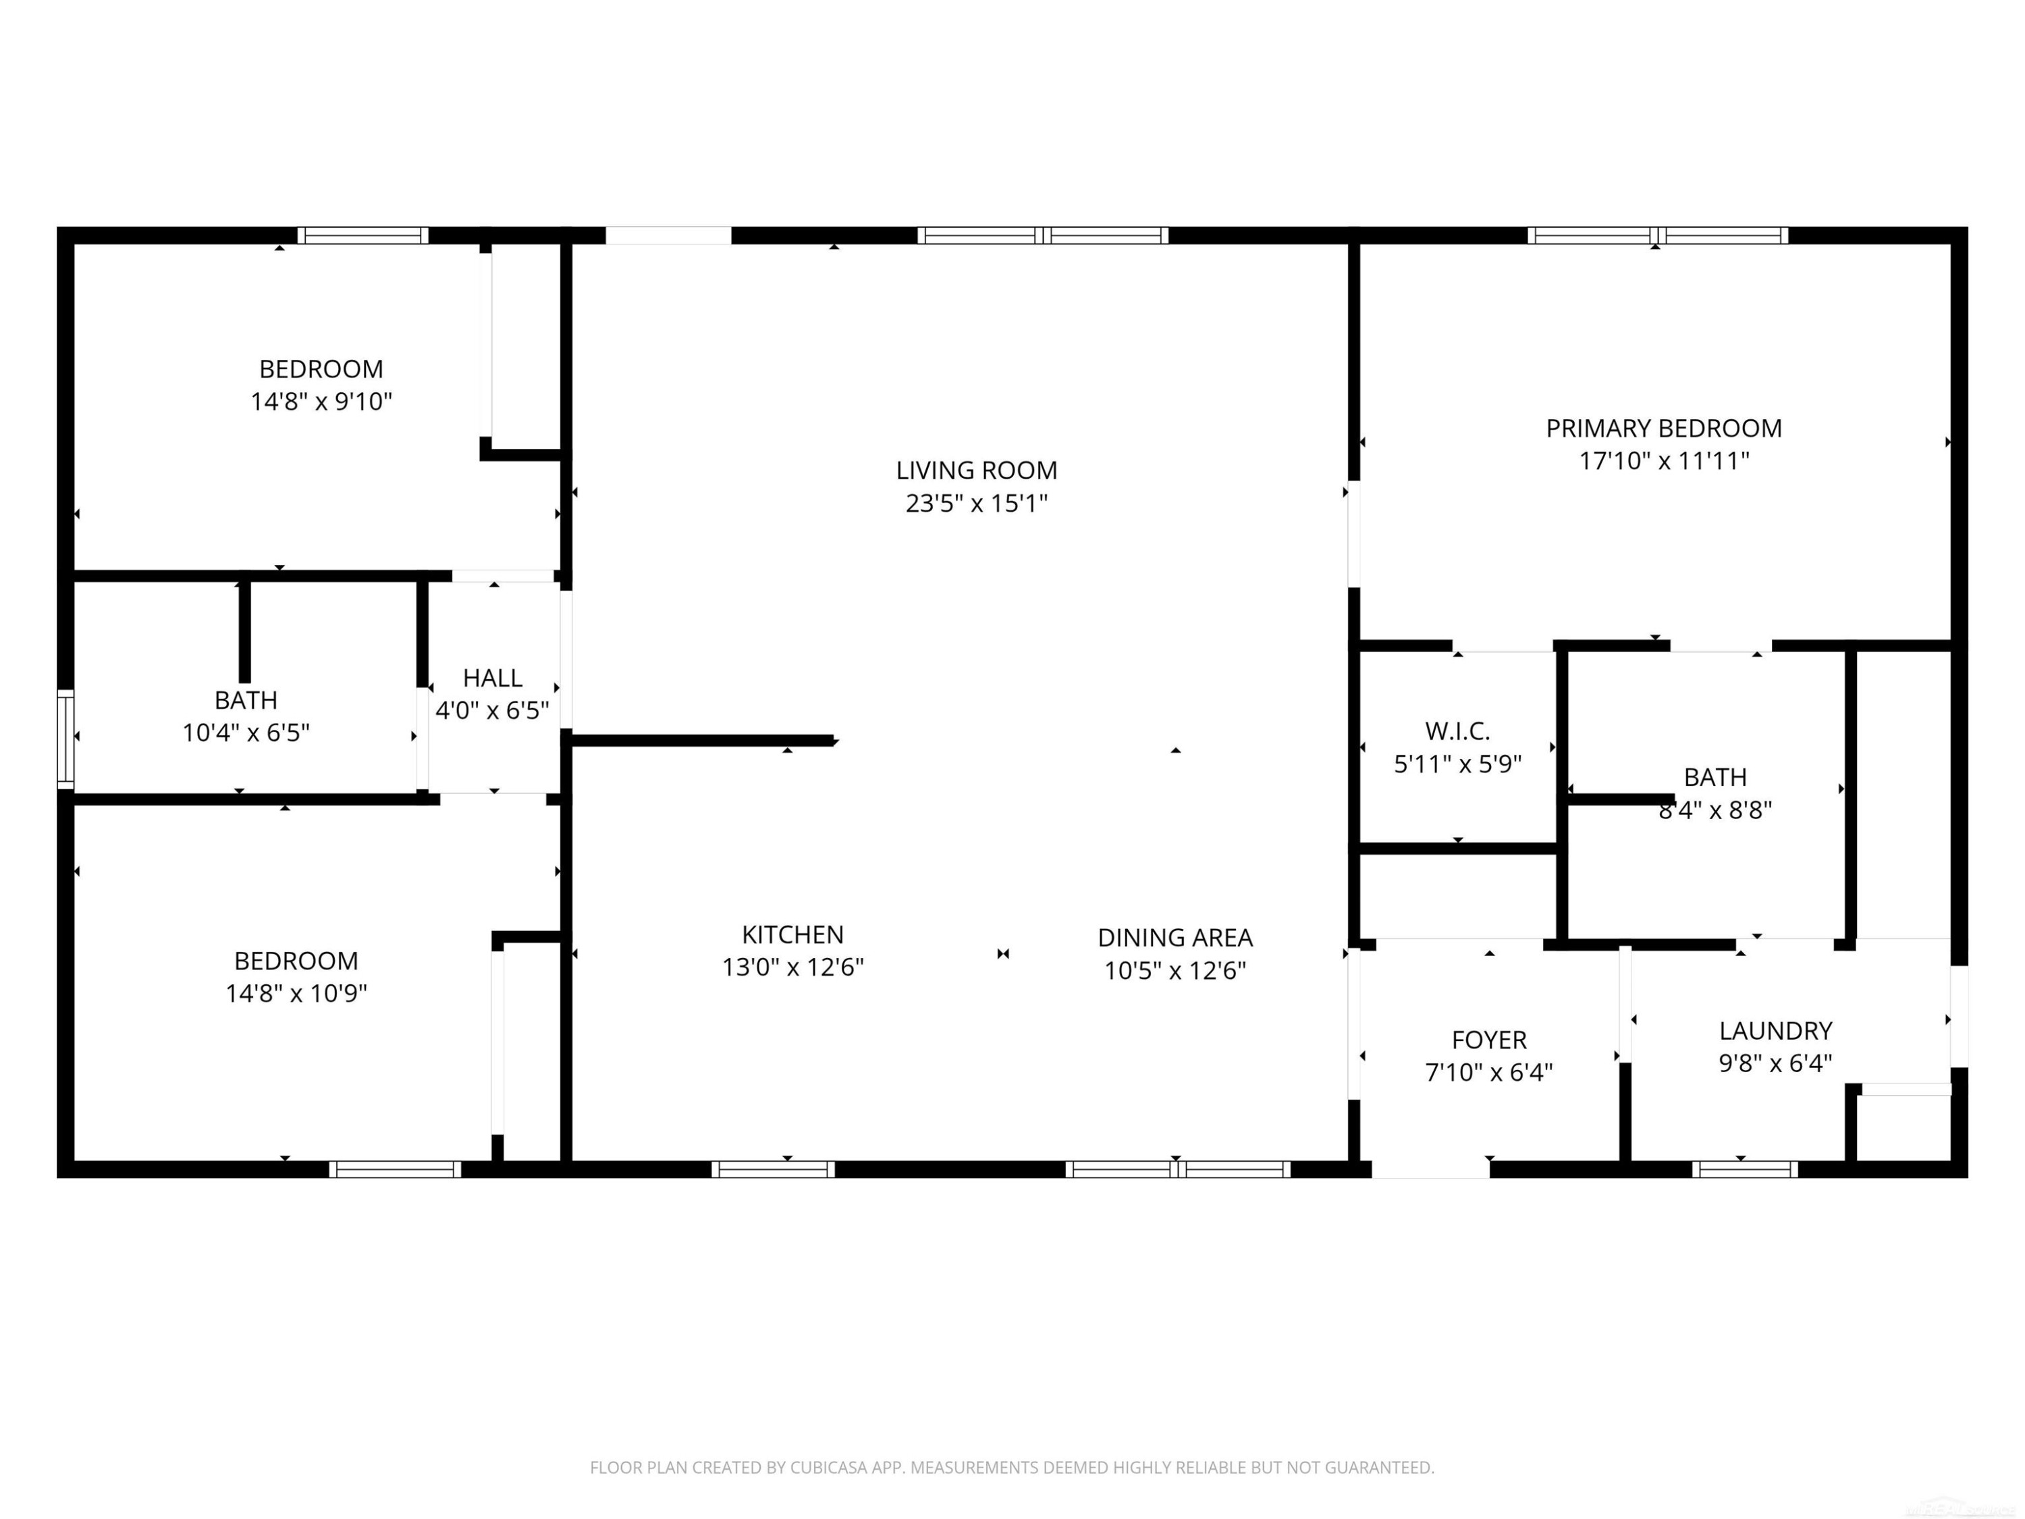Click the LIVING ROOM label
click(x=976, y=471)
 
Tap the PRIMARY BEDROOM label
click(x=1663, y=429)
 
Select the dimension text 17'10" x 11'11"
click(x=1663, y=460)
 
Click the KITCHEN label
click(x=793, y=935)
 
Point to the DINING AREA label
click(x=1174, y=938)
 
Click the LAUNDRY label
click(x=1775, y=1031)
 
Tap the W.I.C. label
click(x=1457, y=732)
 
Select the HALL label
click(x=493, y=678)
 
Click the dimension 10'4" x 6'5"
click(x=246, y=732)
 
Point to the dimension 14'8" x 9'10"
click(x=321, y=402)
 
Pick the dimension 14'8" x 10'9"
click(x=296, y=994)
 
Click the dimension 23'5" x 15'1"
click(x=976, y=504)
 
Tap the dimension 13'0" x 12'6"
click(x=793, y=967)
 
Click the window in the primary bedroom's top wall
click(x=1657, y=236)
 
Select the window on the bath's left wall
click(x=65, y=739)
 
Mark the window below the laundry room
click(x=1744, y=1169)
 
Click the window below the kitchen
click(x=773, y=1169)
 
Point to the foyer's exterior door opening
click(x=1430, y=1169)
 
